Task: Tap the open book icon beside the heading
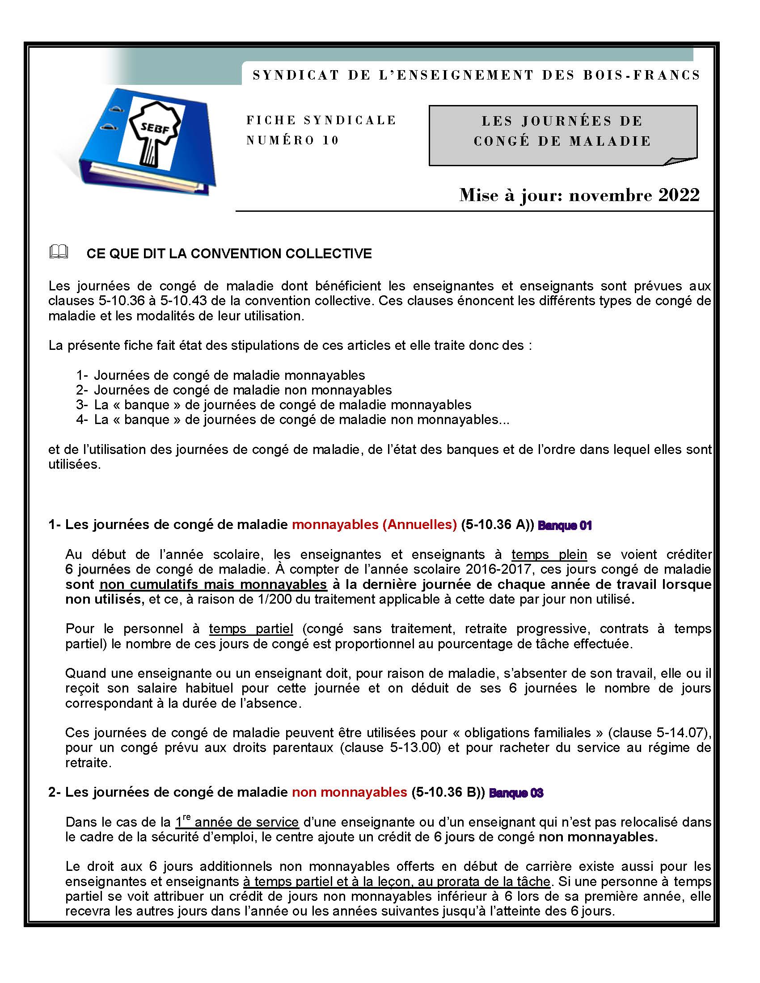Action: click(59, 252)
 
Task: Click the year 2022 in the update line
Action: click(679, 195)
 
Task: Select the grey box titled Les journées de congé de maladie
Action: click(563, 135)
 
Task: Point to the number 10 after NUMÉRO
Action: click(330, 140)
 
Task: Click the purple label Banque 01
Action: click(565, 525)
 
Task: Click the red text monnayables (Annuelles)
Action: click(374, 525)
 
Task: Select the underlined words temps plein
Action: click(549, 555)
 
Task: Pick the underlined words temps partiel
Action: click(251, 629)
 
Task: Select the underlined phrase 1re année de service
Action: click(237, 822)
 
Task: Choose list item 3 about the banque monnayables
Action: click(274, 405)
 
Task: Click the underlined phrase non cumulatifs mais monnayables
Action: click(213, 585)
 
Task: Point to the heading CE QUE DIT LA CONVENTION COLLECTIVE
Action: click(229, 253)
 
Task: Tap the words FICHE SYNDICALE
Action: click(321, 120)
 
